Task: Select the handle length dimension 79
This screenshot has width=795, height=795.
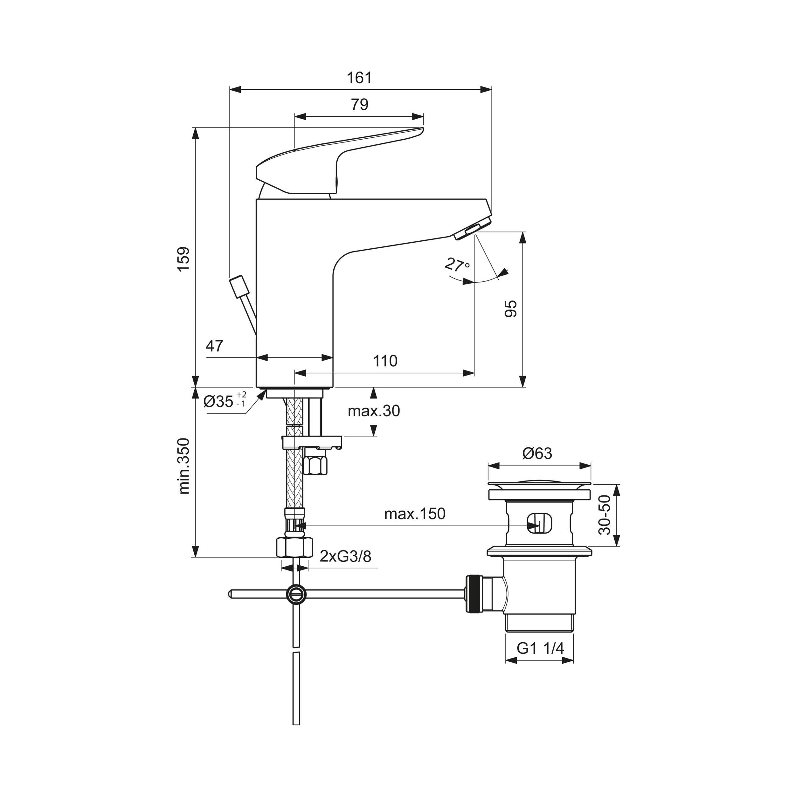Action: click(x=359, y=105)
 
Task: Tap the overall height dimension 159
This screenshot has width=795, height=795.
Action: click(x=183, y=259)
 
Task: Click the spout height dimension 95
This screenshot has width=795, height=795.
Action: click(x=511, y=308)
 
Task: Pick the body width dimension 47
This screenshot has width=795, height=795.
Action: click(x=214, y=346)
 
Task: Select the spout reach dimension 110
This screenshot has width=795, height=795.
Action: click(x=385, y=361)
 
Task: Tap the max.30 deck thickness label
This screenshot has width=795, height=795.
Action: click(x=374, y=411)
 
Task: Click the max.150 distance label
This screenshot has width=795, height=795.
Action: click(x=415, y=514)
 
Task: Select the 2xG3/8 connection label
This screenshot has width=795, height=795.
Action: click(x=345, y=556)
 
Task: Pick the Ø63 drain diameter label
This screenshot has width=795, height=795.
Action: click(x=537, y=453)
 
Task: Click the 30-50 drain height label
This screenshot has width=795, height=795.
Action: click(x=605, y=515)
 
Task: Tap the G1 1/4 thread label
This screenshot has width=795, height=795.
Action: click(x=540, y=648)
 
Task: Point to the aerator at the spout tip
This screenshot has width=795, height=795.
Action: click(x=473, y=229)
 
